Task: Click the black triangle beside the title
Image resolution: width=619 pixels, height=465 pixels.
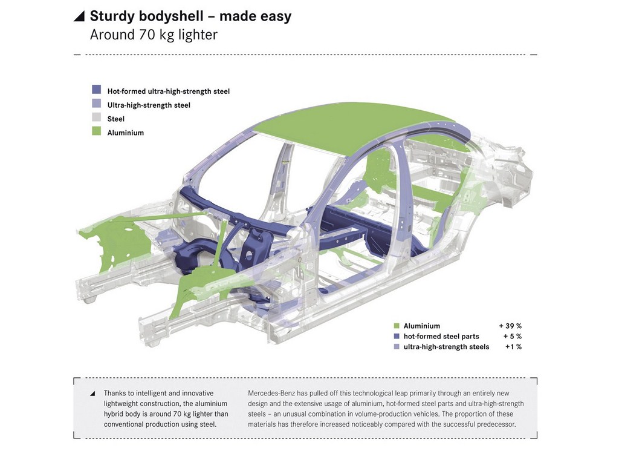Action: [x=80, y=16]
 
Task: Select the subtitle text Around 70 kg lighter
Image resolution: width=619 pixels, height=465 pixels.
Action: [x=154, y=35]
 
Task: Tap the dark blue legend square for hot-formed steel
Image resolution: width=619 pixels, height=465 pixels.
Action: [x=96, y=90]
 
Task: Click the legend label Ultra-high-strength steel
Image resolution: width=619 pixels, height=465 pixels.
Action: [x=149, y=105]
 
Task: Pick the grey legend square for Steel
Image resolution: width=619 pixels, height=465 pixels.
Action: [x=96, y=117]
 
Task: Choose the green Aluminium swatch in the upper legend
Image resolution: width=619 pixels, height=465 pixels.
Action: [x=96, y=131]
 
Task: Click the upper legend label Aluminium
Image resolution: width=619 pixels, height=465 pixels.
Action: [x=126, y=133]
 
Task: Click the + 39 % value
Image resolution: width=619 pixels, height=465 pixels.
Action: [x=510, y=326]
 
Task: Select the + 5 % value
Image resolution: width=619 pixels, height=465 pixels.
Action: [x=513, y=336]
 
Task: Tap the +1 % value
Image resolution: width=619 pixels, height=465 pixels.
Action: [x=514, y=347]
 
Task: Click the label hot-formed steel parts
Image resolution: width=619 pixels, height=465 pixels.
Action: [x=441, y=337]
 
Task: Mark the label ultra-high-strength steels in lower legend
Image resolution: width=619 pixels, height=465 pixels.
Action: [x=446, y=347]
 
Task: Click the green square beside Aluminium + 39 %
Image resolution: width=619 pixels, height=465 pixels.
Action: [x=397, y=326]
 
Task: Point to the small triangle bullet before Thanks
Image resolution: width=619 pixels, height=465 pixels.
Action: [x=92, y=394]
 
